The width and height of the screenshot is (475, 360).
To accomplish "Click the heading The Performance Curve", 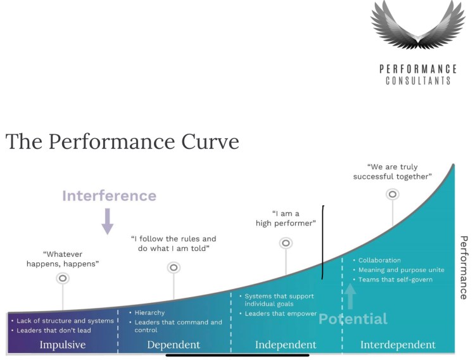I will (x=122, y=141).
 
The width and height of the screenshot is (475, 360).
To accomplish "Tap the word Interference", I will (x=109, y=196).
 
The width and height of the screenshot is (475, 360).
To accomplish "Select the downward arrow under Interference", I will (x=107, y=222).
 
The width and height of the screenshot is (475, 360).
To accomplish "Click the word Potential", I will (x=353, y=319).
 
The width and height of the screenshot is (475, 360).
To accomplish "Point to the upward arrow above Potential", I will (x=350, y=296).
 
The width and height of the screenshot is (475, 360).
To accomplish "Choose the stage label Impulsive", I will (x=63, y=345).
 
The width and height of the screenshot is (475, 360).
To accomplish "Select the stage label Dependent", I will (x=174, y=345).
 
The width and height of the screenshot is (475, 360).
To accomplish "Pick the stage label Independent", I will (x=286, y=345).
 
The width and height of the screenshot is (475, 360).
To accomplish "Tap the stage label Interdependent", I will (x=398, y=345).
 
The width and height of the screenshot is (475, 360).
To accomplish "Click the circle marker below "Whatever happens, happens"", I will (x=62, y=278).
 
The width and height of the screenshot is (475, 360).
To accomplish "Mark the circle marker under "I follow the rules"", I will (x=174, y=268).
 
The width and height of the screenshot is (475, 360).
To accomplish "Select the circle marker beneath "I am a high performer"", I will (x=286, y=243).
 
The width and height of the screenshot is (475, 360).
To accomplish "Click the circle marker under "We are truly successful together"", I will (x=393, y=194).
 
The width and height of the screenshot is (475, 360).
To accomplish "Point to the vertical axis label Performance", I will (x=464, y=267).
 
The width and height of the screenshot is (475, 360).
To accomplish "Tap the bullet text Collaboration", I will (x=379, y=260).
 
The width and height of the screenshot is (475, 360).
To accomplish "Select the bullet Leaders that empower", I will (x=281, y=314).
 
